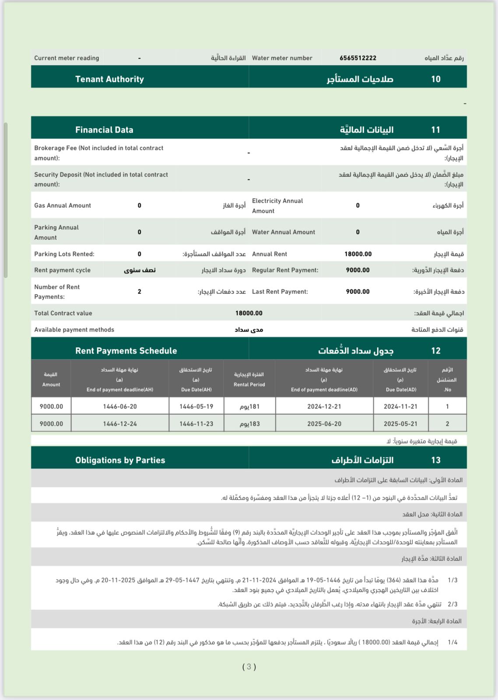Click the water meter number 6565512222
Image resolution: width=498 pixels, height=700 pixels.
[x=358, y=58]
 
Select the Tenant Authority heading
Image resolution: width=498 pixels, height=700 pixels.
[x=109, y=79]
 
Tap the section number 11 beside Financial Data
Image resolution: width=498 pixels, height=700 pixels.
[x=435, y=130]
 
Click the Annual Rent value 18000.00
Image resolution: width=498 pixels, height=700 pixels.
[x=358, y=254]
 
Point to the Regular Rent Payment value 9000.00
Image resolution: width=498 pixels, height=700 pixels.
[x=358, y=270]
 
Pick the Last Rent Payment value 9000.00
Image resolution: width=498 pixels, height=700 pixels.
[x=358, y=292]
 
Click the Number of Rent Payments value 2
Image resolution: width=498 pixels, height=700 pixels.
[x=139, y=292]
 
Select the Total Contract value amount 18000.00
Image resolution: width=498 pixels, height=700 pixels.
[x=249, y=313]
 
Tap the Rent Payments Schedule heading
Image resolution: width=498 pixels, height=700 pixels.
[x=126, y=351]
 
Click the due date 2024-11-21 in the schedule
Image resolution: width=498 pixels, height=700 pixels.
[x=400, y=406]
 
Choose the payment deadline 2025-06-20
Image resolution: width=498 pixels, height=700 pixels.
[x=324, y=424]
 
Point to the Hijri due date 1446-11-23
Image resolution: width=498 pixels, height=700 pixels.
[x=196, y=424]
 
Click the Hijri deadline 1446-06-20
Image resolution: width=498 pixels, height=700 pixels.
[x=120, y=406]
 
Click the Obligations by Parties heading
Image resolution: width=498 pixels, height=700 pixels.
[x=120, y=460]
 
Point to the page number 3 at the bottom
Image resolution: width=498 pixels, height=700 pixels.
[x=249, y=667]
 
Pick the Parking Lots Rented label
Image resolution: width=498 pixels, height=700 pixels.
[x=64, y=254]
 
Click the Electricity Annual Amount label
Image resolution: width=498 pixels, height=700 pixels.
[x=277, y=206]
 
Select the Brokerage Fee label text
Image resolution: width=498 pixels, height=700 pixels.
[x=98, y=153]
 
